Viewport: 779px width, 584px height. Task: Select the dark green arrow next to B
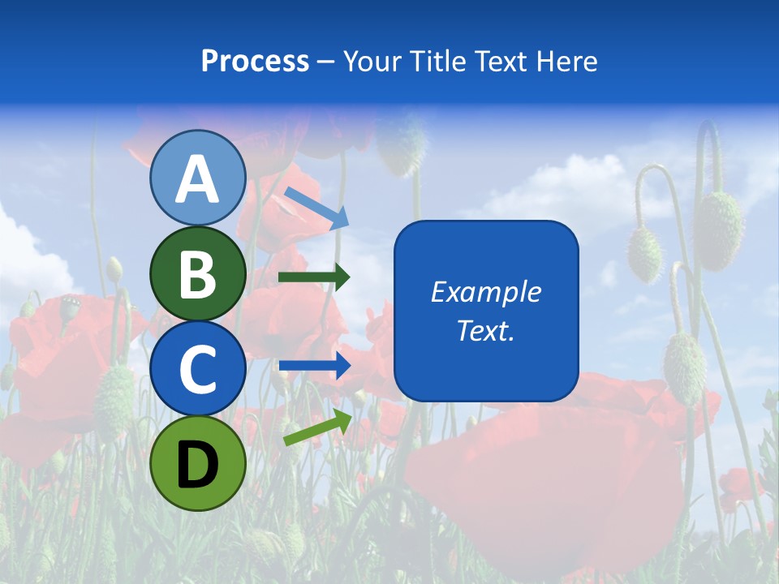click(x=314, y=277)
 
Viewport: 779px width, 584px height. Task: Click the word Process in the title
click(x=255, y=62)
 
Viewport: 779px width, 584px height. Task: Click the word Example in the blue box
click(x=485, y=292)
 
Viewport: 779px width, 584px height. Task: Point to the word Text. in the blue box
click(x=485, y=330)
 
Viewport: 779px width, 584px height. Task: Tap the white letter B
click(x=197, y=274)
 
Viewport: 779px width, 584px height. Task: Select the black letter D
click(x=197, y=464)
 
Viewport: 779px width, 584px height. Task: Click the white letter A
click(x=197, y=179)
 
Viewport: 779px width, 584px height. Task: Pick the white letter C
click(x=197, y=369)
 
